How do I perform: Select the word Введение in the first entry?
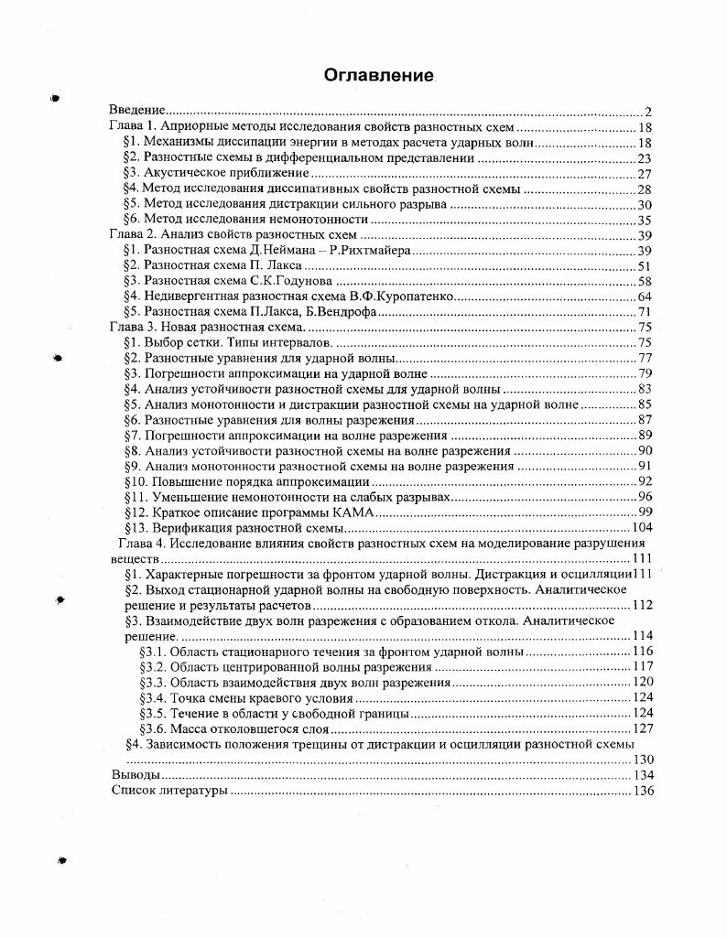point(136,111)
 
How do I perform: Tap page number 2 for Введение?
point(646,111)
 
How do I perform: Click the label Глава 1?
point(134,127)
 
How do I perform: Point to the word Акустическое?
point(186,173)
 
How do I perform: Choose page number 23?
point(644,157)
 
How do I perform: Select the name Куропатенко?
point(413,296)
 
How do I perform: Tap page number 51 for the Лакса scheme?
point(644,265)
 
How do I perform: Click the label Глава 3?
point(134,327)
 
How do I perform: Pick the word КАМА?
point(350,512)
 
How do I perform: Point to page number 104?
point(641,527)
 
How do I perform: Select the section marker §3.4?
point(154,697)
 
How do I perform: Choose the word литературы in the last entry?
point(195,791)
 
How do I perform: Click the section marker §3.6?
point(154,728)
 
